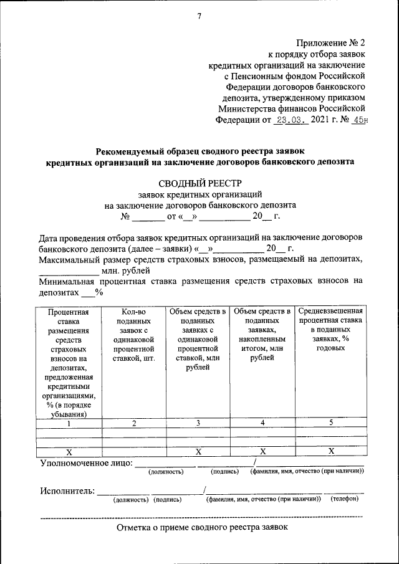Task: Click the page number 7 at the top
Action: [x=199, y=16]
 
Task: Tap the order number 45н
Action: [x=357, y=121]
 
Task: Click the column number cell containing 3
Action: [x=198, y=423]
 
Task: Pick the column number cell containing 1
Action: [x=69, y=423]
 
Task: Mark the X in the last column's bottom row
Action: [x=331, y=451]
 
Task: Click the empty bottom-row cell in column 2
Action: [x=134, y=451]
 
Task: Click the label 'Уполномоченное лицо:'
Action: [x=86, y=463]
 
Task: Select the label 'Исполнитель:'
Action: [x=67, y=491]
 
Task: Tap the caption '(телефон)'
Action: [x=344, y=500]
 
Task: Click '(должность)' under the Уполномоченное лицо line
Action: [x=166, y=472]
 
